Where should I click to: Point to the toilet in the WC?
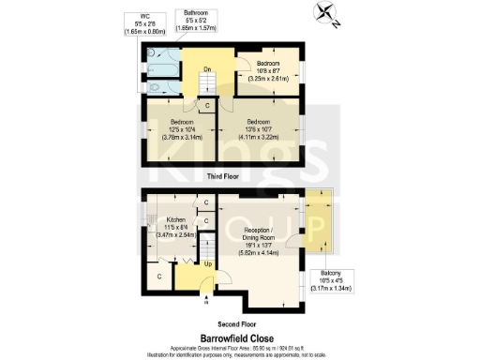pyautogui.click(x=156, y=56)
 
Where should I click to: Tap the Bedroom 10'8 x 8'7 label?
pyautogui.click(x=269, y=71)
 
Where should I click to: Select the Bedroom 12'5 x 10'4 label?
pyautogui.click(x=182, y=127)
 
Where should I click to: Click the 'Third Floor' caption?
pyautogui.click(x=222, y=175)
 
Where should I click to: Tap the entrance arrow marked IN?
pyautogui.click(x=204, y=302)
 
